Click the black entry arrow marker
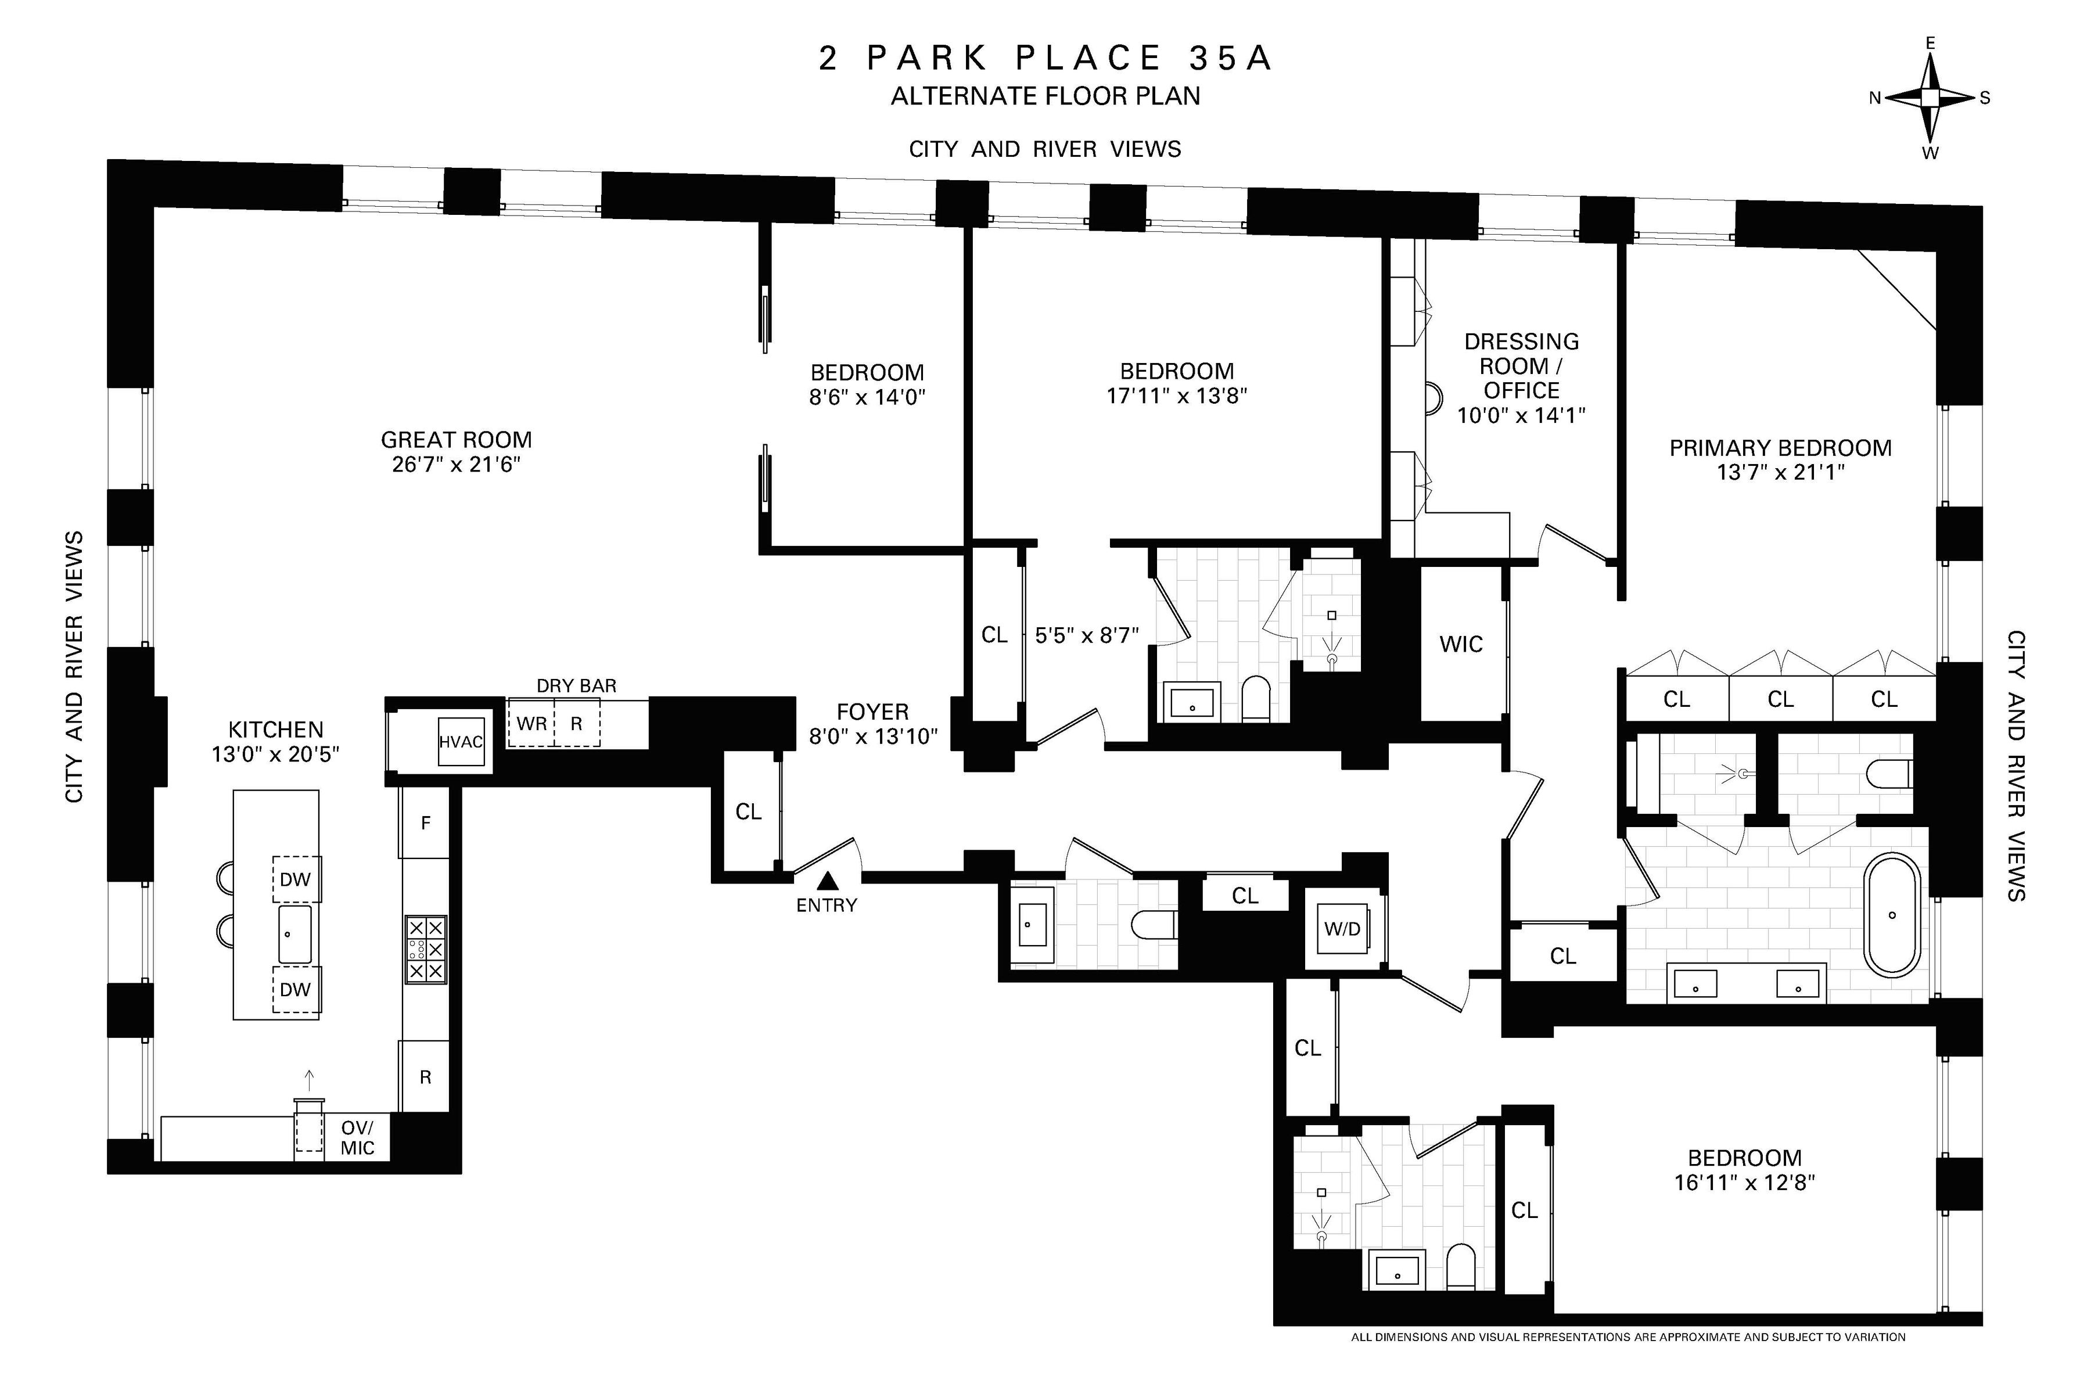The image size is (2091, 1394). [828, 881]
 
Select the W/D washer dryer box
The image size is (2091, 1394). [1342, 929]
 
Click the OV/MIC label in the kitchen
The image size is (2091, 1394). [357, 1138]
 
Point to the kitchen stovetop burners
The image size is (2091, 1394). [426, 950]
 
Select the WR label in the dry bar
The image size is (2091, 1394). [531, 724]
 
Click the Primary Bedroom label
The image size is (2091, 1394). [1780, 448]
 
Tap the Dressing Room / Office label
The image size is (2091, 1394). [1521, 365]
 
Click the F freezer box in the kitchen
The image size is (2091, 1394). [425, 823]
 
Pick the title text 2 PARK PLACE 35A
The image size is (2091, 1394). [1045, 59]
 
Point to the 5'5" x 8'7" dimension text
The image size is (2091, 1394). [1086, 635]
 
